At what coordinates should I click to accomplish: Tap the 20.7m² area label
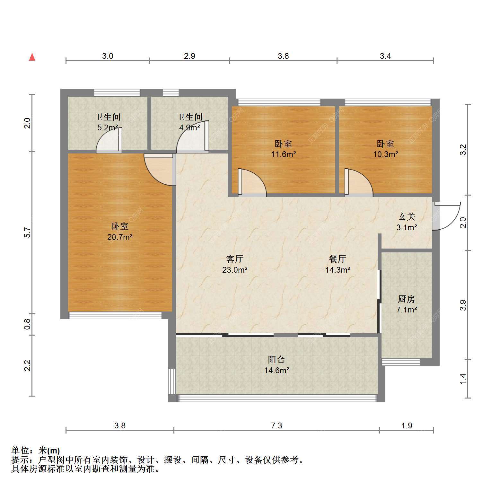pyautogui.click(x=120, y=237)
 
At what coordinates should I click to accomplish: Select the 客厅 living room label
pyautogui.click(x=235, y=259)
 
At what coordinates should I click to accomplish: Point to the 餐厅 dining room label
pyautogui.click(x=338, y=259)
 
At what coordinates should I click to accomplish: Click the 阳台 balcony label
pyautogui.click(x=276, y=359)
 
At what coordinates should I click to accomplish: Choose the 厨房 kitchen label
pyautogui.click(x=407, y=299)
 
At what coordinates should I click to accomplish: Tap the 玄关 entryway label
pyautogui.click(x=407, y=217)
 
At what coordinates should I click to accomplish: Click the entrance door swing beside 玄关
pyautogui.click(x=446, y=216)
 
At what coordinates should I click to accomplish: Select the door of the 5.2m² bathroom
pyautogui.click(x=109, y=140)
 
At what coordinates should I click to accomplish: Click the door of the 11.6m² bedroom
pyautogui.click(x=252, y=182)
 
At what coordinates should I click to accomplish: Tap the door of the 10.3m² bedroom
pyautogui.click(x=359, y=182)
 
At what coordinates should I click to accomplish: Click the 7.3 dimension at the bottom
pyautogui.click(x=276, y=425)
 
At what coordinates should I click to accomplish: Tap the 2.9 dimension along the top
pyautogui.click(x=189, y=56)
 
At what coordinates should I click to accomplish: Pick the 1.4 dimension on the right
pyautogui.click(x=463, y=379)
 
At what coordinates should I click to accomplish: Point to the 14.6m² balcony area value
pyautogui.click(x=277, y=370)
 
